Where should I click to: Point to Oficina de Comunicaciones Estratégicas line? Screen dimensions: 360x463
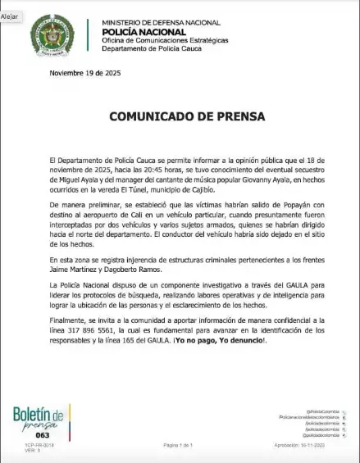pyautogui.click(x=165, y=40)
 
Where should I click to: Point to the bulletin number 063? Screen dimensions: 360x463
pyautogui.click(x=30, y=435)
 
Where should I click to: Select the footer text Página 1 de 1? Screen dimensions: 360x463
pyautogui.click(x=179, y=445)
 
